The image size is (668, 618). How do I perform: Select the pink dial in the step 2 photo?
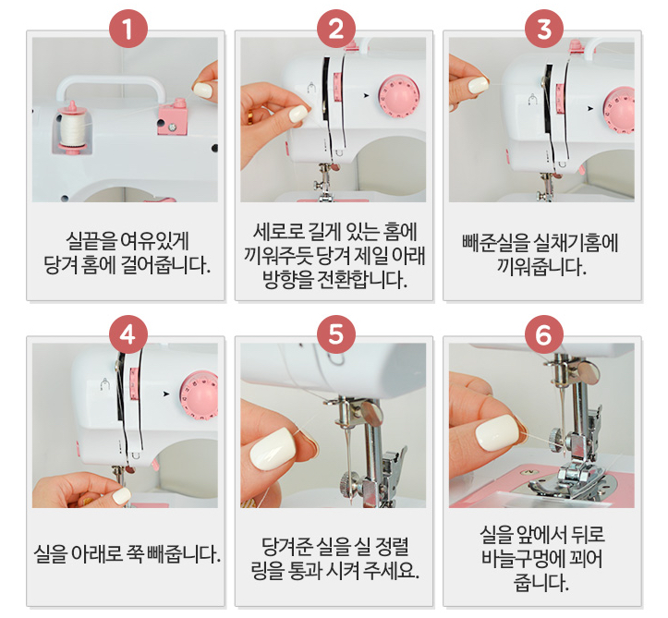tap(400, 95)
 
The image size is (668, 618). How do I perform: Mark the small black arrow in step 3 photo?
tap(589, 107)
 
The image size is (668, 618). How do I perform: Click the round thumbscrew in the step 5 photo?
tap(347, 480)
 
